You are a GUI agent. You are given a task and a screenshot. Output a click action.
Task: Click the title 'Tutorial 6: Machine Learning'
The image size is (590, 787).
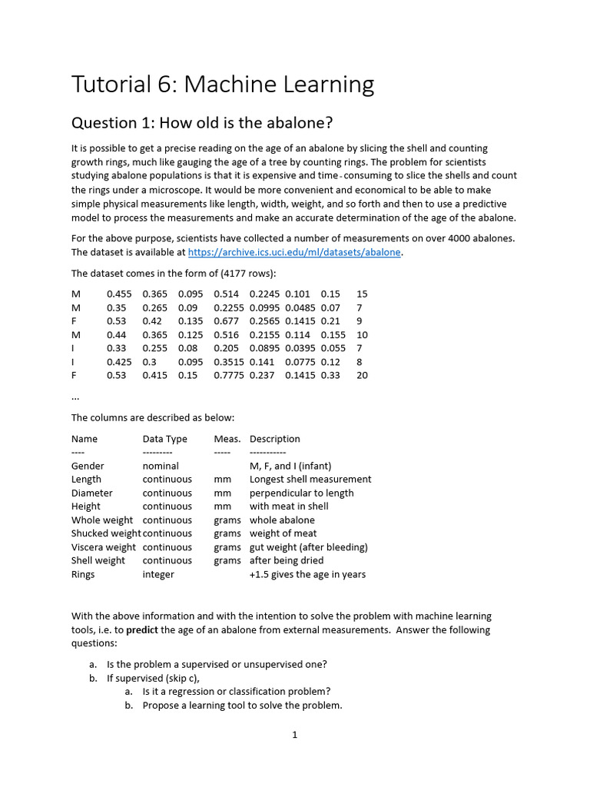tap(223, 84)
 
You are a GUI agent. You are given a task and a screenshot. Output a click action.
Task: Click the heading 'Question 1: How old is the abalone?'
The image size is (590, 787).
tap(203, 123)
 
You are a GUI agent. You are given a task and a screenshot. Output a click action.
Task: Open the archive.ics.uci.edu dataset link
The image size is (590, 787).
tap(295, 252)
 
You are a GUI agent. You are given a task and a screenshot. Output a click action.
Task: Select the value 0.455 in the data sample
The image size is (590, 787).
tap(119, 294)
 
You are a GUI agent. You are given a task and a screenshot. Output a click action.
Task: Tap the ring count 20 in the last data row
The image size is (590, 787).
tap(363, 375)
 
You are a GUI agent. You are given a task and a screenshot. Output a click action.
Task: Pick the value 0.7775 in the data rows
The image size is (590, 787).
tap(228, 375)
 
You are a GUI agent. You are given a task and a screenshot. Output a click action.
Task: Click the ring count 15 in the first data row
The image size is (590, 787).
tap(363, 294)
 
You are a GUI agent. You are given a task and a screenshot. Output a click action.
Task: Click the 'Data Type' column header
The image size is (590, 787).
tap(164, 439)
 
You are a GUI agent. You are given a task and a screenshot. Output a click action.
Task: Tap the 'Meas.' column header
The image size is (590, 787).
tap(227, 439)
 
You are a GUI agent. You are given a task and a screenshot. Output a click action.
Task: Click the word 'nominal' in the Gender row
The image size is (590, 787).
tap(161, 466)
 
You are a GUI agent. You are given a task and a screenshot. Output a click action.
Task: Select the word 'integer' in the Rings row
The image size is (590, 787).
tap(158, 574)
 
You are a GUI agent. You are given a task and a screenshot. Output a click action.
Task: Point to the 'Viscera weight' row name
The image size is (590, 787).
tap(104, 547)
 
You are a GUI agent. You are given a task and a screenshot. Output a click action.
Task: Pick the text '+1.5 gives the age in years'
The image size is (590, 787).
tap(307, 574)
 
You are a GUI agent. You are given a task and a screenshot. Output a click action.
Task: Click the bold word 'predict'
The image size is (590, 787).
tap(144, 630)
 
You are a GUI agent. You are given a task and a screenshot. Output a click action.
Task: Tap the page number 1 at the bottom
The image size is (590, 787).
tap(294, 735)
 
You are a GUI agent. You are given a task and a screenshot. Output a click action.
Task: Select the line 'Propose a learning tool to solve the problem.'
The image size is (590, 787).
tap(242, 705)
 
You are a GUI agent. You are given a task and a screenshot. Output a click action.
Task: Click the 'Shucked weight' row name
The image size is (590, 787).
tap(106, 533)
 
